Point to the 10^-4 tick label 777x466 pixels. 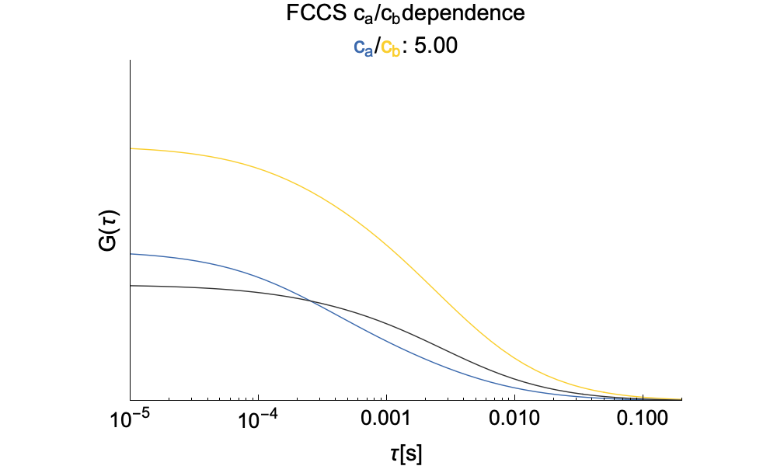point(258,420)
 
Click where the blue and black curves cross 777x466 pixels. point(311,301)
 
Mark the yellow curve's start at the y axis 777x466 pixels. point(131,148)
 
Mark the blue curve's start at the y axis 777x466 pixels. point(131,254)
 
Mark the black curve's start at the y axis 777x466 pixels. point(131,286)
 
